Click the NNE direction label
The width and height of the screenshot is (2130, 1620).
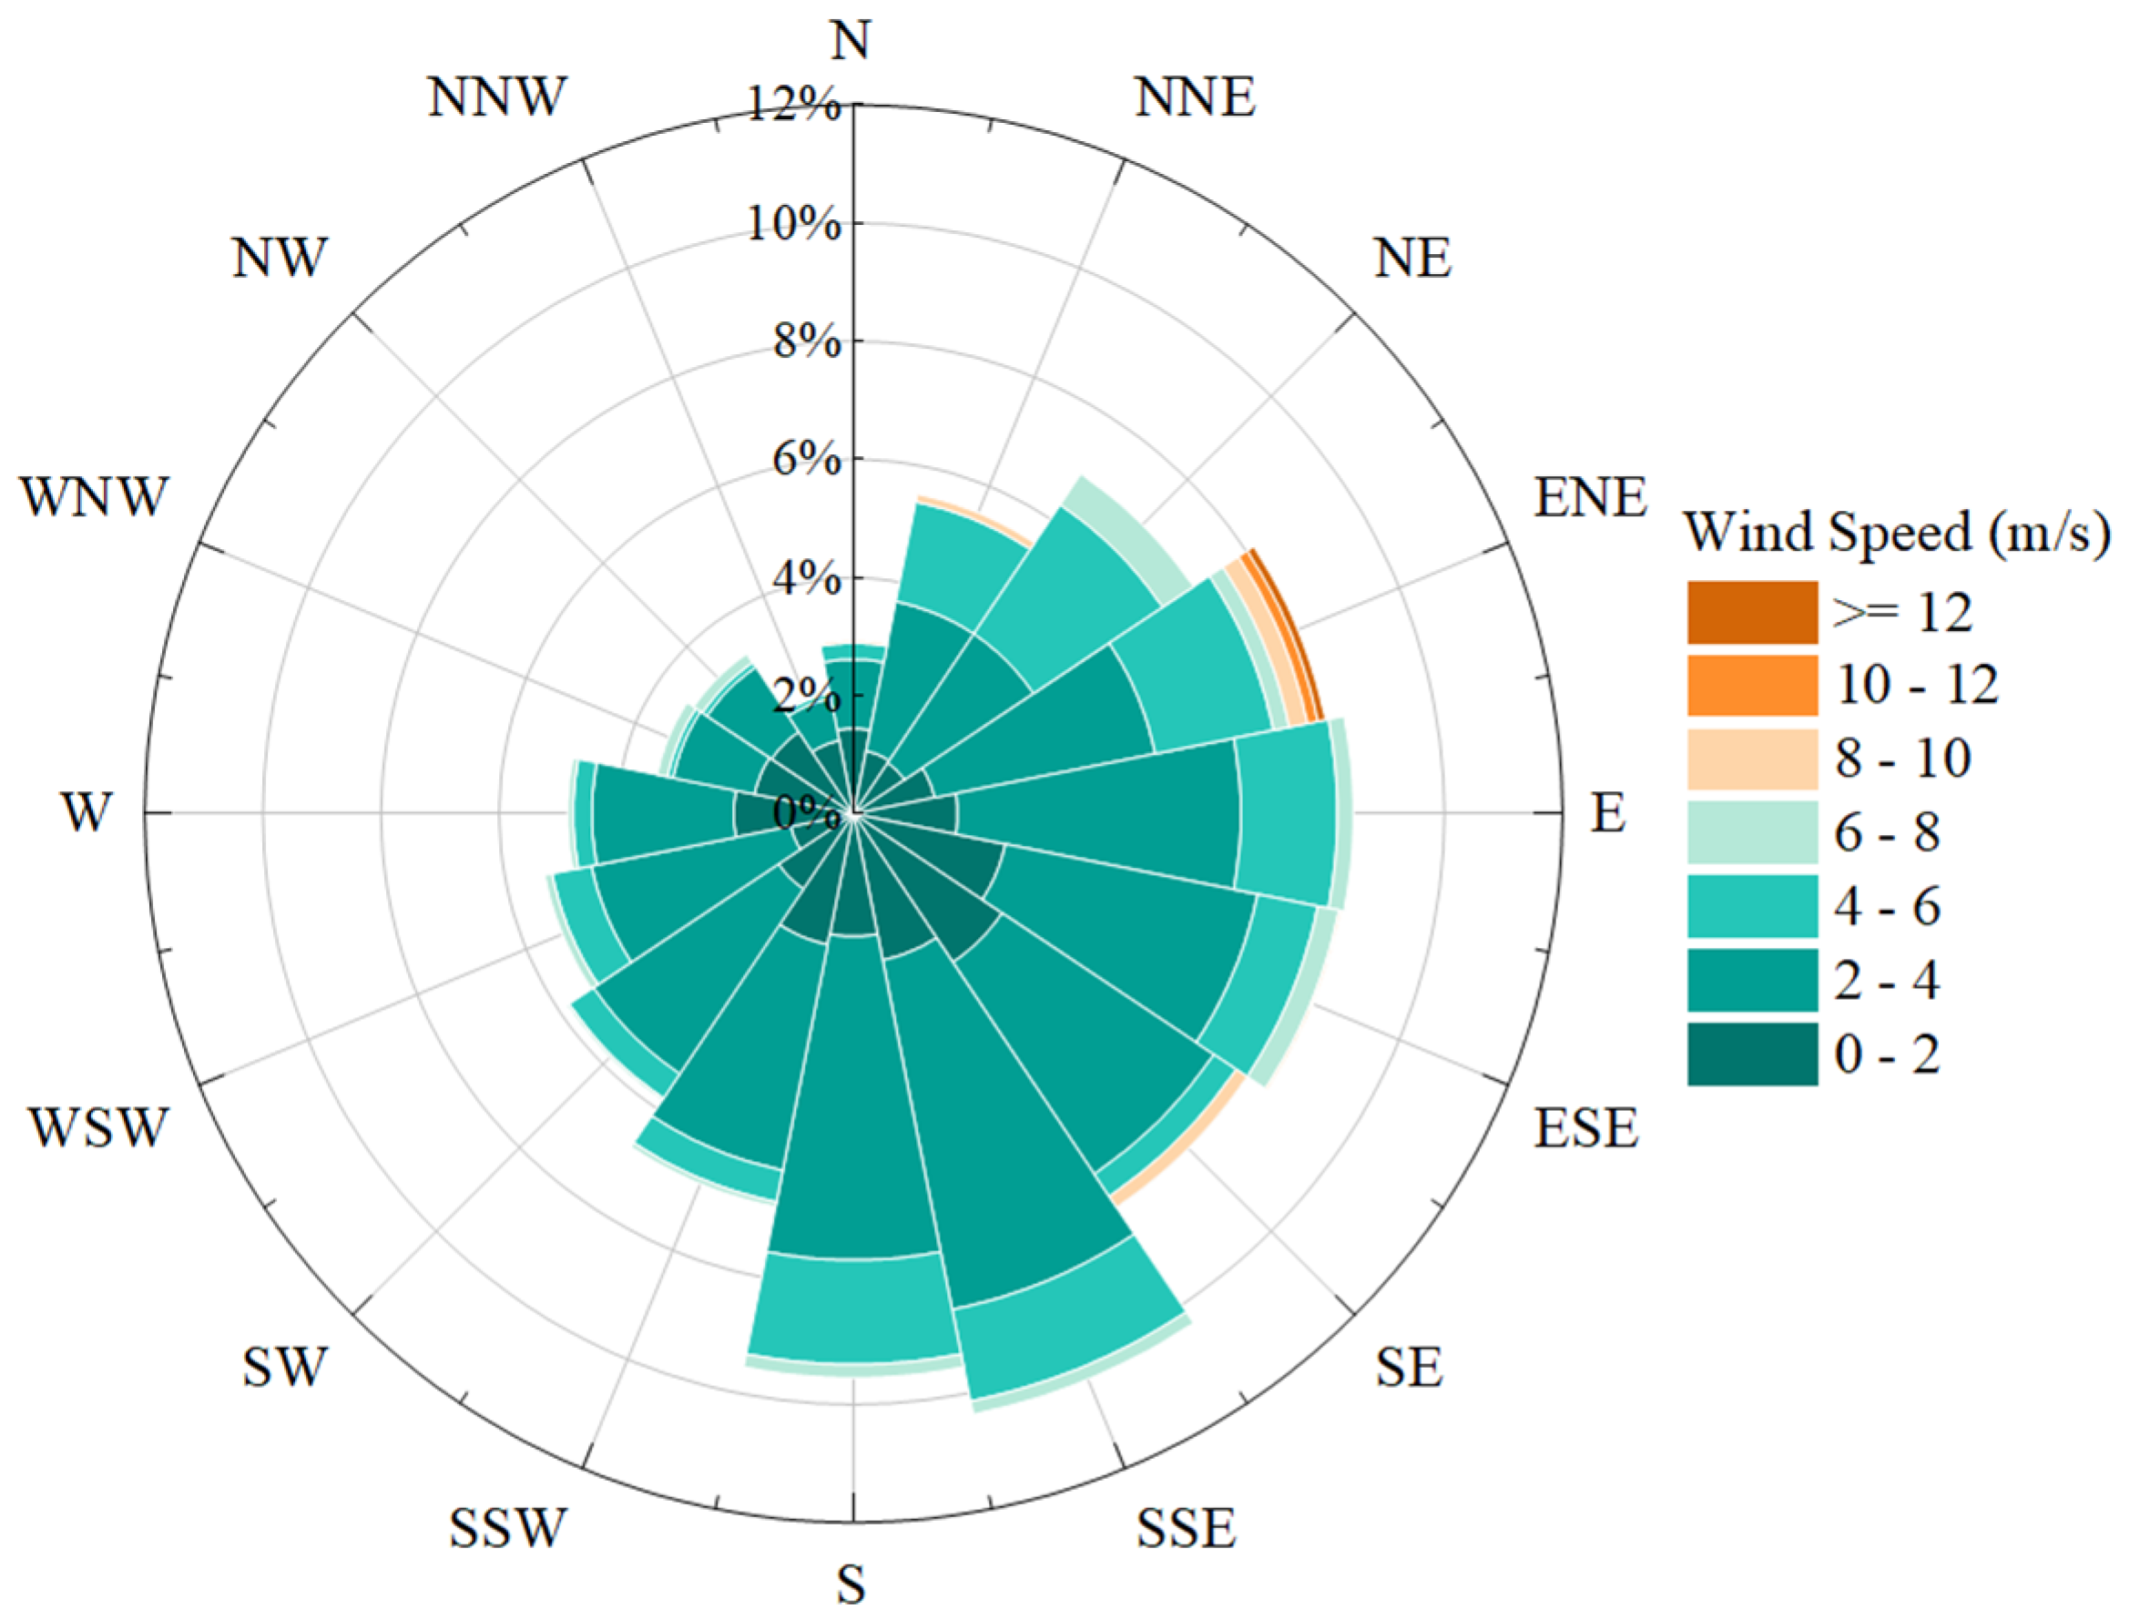tap(1195, 97)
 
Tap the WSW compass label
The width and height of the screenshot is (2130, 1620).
tap(98, 1126)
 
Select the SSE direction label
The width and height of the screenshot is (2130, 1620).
tap(1185, 1527)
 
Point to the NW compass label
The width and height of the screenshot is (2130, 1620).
tap(280, 259)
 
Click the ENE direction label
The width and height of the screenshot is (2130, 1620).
tap(1590, 497)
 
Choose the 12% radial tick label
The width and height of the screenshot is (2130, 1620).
tap(794, 104)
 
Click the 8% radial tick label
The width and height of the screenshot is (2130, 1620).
tap(806, 341)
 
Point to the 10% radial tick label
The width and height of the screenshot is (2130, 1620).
tap(794, 224)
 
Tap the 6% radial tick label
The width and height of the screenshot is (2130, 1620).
tap(806, 460)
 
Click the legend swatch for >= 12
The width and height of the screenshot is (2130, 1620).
tap(1752, 611)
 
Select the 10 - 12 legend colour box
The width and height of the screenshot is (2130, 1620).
tap(1752, 686)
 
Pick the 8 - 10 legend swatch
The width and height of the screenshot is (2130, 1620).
tap(1752, 759)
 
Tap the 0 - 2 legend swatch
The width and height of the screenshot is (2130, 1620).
tap(1752, 1054)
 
